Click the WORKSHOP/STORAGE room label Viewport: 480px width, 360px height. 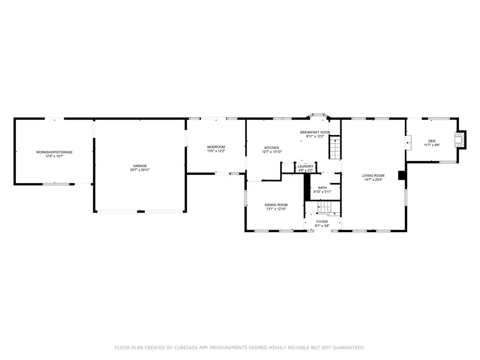coord(54,152)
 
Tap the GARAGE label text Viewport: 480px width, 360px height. coord(140,166)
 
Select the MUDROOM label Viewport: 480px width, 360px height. coord(216,147)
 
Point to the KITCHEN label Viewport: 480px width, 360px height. coord(272,148)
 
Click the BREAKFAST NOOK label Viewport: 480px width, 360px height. coord(315,132)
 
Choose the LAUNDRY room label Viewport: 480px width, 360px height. coord(306,166)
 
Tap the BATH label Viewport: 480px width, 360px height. coord(322,187)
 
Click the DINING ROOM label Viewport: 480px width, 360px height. coord(276,205)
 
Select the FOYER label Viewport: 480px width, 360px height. coord(322,222)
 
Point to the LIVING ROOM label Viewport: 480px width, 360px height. coord(373,176)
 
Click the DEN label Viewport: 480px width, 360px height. coord(432,141)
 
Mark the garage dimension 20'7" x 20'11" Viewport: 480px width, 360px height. coord(140,170)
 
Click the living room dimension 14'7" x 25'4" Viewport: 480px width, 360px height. coord(373,180)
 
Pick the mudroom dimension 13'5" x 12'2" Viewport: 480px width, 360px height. coord(216,151)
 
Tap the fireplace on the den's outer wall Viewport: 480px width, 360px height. coord(460,140)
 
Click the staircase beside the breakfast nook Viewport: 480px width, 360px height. coord(335,149)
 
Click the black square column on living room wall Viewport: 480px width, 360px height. coord(402,175)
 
